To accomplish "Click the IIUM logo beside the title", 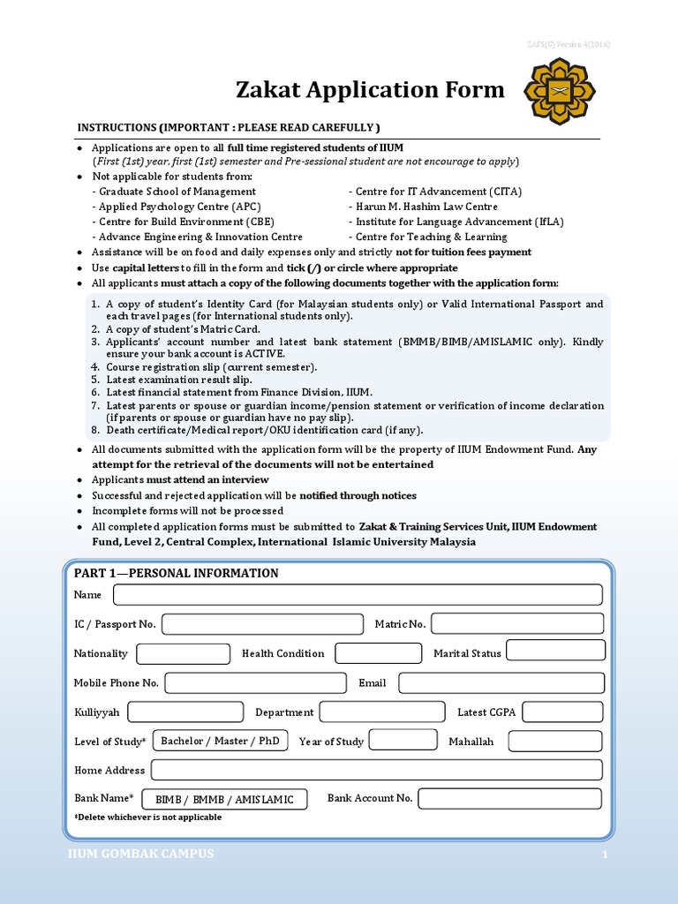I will coord(560,91).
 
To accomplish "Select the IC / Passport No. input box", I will coord(262,624).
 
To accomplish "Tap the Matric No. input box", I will coord(516,624).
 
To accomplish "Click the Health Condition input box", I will coord(378,653).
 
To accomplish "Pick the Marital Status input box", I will coord(555,651).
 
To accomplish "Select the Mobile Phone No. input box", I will coord(256,682).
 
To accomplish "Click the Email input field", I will coord(501,682).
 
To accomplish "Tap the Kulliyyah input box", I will coord(185,712).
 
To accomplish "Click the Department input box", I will coord(382,712).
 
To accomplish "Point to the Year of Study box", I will coord(403,740).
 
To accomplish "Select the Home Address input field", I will coord(377,770).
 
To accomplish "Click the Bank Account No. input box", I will coord(509,799).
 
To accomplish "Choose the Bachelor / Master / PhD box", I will coord(220,741).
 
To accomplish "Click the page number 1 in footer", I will coord(606,855).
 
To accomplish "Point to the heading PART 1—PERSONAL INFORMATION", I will coord(177,573).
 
